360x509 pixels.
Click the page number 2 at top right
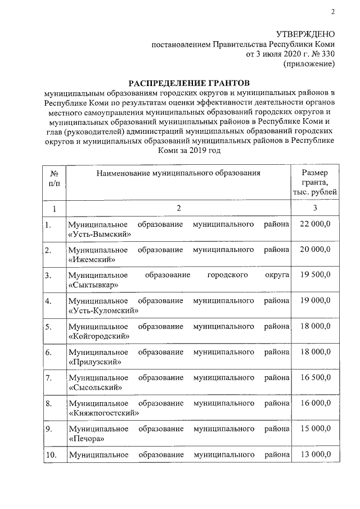click(332, 12)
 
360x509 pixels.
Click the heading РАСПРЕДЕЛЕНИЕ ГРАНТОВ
click(188, 83)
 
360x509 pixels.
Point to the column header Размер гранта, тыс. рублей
click(316, 183)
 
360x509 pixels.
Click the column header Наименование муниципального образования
click(178, 173)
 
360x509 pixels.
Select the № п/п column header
click(55, 178)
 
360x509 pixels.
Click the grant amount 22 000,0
click(316, 224)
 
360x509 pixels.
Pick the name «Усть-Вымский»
click(100, 234)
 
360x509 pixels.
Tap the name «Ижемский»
click(91, 259)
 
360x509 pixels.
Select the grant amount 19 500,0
click(316, 275)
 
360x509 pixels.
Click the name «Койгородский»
click(101, 335)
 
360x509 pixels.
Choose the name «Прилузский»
click(96, 362)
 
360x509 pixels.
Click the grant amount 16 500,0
click(316, 377)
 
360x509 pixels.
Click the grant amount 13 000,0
click(316, 454)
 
